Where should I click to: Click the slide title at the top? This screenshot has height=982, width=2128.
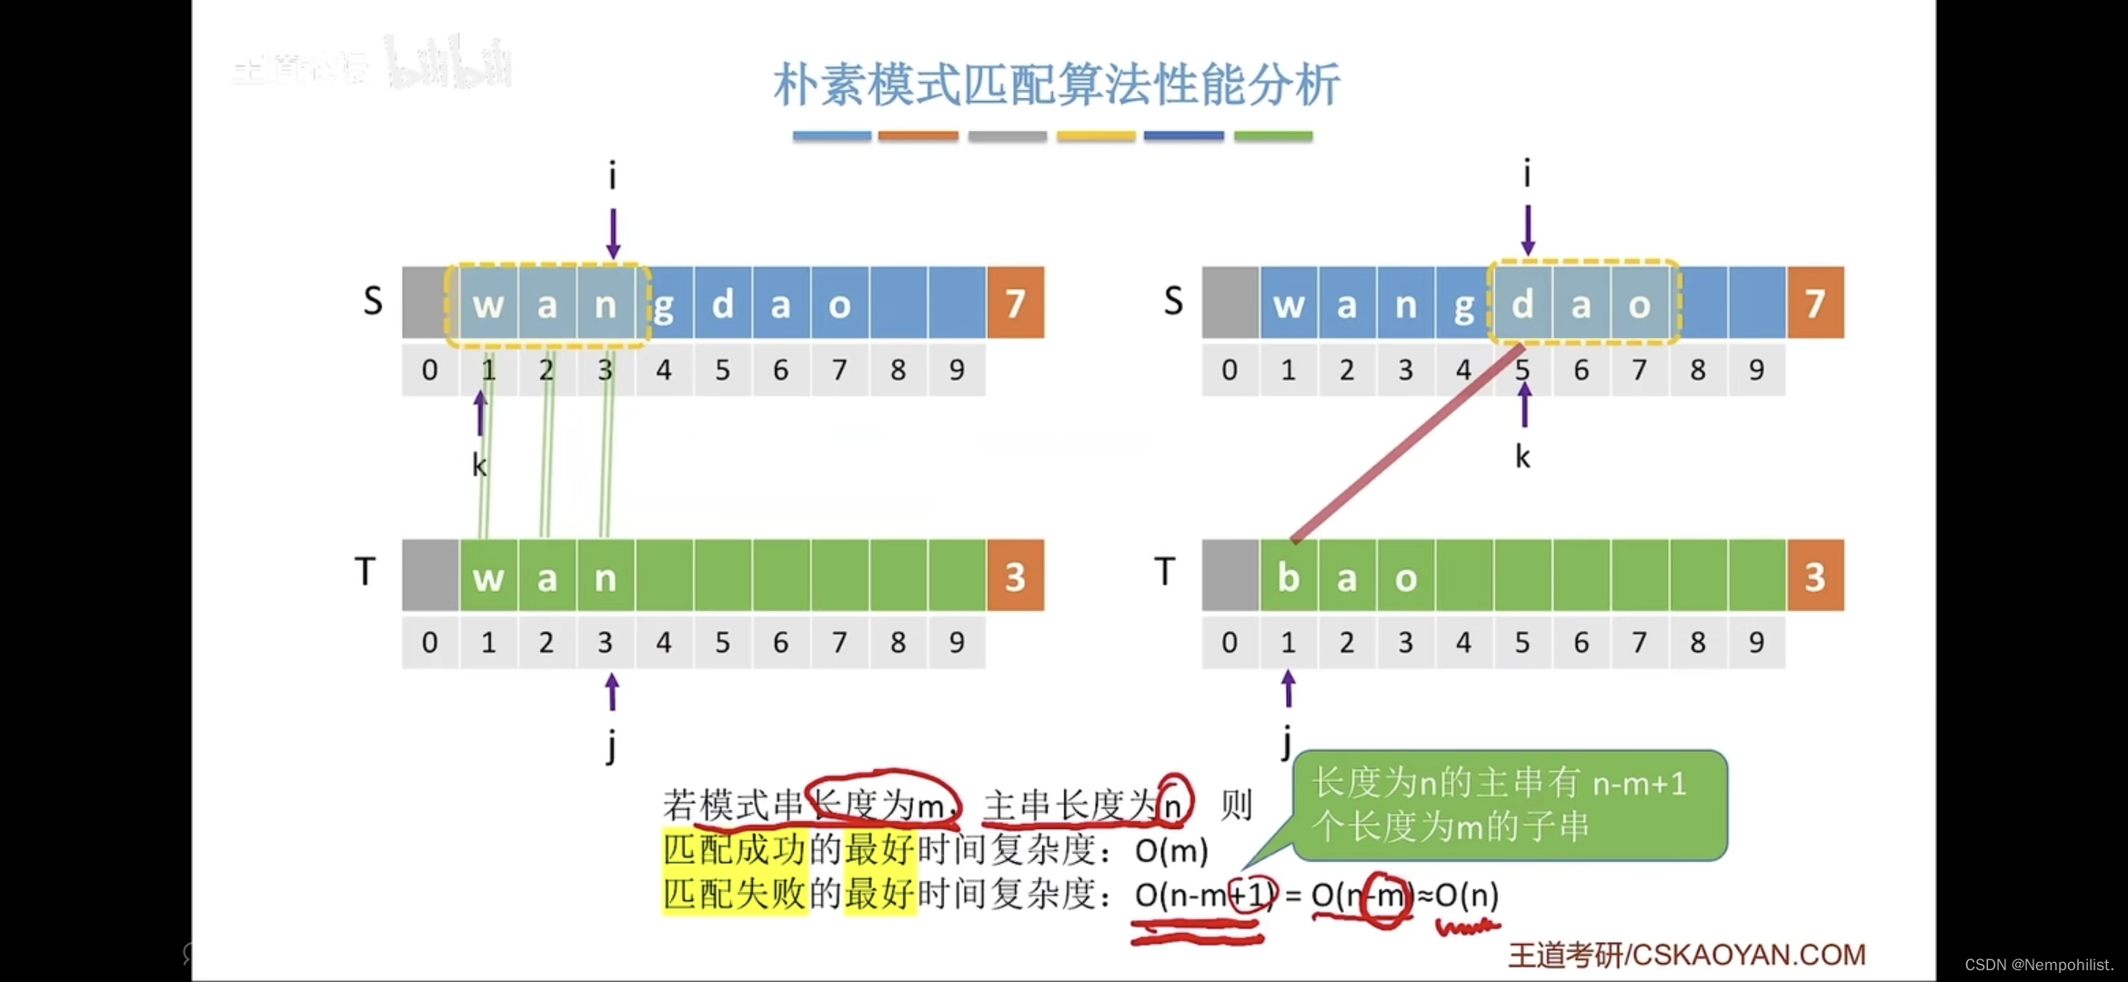tap(1056, 85)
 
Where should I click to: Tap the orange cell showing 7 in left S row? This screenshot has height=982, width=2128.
tap(1015, 303)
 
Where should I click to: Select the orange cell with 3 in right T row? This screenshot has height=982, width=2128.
tap(1815, 576)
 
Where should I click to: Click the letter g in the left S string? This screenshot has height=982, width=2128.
tap(664, 306)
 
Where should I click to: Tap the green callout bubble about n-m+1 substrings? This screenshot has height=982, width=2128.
tap(1509, 805)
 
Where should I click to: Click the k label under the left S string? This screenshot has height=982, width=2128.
tap(479, 465)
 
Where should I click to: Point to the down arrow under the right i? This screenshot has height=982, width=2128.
tap(1528, 229)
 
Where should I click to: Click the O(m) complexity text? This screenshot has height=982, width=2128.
tap(1171, 851)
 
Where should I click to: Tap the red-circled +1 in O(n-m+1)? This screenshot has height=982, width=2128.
tap(1253, 896)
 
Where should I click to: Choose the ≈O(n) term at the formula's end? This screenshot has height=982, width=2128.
tap(1459, 896)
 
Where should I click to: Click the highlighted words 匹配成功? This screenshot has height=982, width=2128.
tap(734, 849)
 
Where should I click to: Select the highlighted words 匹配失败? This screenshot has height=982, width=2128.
tap(734, 894)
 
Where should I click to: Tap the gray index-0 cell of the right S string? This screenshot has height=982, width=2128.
tap(1230, 303)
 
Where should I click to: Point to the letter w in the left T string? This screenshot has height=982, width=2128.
tap(488, 577)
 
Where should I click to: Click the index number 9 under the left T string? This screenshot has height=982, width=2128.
tap(957, 643)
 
